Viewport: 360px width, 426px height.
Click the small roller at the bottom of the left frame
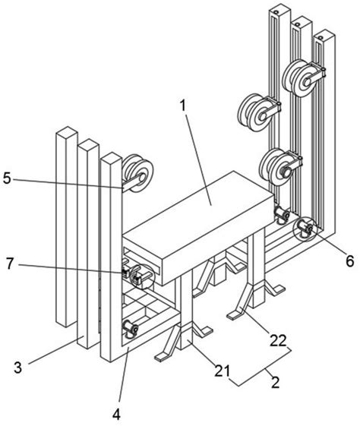click(129, 328)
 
